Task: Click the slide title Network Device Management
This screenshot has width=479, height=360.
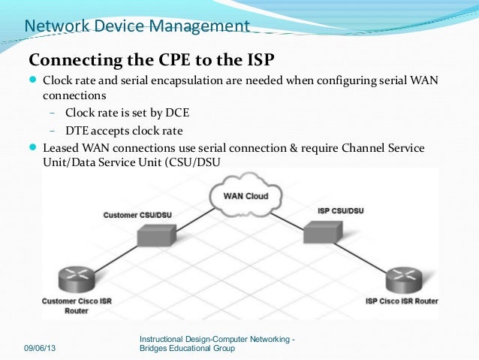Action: click(x=137, y=26)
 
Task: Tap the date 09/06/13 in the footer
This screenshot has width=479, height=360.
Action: click(x=44, y=349)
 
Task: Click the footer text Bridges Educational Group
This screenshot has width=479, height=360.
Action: click(x=188, y=349)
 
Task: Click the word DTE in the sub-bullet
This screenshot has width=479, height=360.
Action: click(x=79, y=130)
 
